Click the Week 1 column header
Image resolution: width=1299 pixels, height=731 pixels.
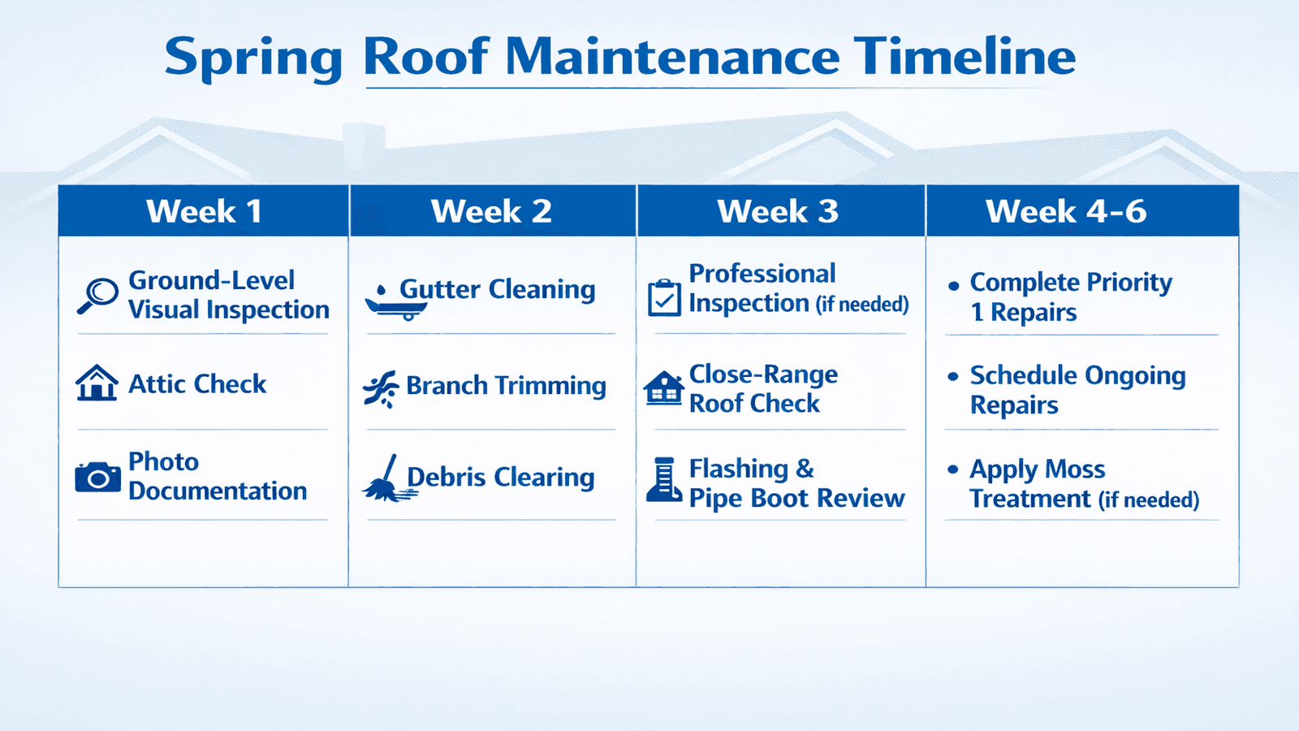click(204, 211)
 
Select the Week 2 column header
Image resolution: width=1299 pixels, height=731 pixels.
click(491, 211)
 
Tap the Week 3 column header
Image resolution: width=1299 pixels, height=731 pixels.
click(778, 211)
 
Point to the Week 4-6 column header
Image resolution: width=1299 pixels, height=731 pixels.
click(1066, 211)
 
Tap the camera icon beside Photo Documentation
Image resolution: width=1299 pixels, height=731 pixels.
click(97, 478)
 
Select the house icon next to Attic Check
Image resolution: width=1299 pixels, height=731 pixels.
click(97, 383)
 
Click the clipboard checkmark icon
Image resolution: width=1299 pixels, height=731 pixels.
click(664, 297)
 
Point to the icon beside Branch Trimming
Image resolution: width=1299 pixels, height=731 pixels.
click(381, 388)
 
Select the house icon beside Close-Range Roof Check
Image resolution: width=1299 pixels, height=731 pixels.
click(663, 387)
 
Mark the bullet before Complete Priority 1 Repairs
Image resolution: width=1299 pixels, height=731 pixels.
click(953, 285)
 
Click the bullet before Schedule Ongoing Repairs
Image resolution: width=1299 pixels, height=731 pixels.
click(953, 377)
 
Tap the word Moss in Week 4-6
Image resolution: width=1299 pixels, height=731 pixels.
click(1075, 469)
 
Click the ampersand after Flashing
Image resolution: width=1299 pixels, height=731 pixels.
click(805, 468)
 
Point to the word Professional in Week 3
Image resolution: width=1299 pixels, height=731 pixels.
click(762, 274)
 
